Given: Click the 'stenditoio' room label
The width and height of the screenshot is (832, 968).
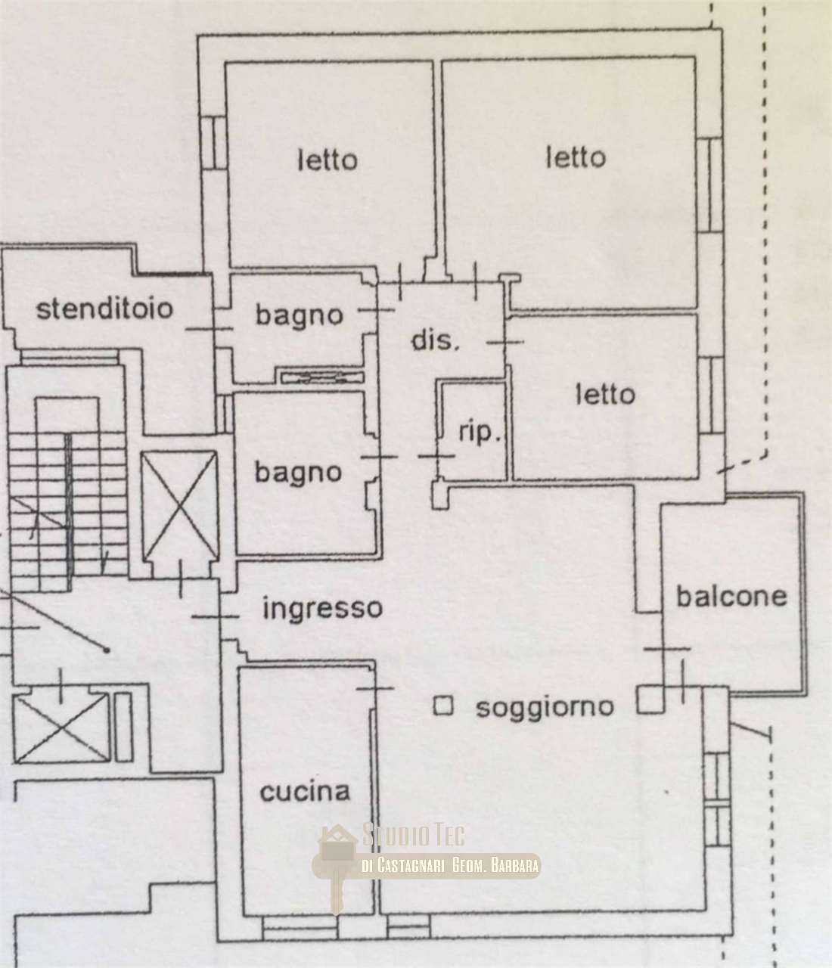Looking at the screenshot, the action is click(104, 309).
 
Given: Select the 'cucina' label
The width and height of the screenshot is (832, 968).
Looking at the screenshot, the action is click(305, 792).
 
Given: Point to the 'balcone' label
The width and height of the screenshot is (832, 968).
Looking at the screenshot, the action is click(731, 597).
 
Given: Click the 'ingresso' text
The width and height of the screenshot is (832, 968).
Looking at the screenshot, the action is click(323, 610).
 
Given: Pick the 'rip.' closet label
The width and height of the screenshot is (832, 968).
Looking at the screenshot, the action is click(480, 433).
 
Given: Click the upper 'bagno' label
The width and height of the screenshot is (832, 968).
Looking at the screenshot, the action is click(300, 316).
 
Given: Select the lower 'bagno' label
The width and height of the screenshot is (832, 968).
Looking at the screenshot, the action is click(298, 473).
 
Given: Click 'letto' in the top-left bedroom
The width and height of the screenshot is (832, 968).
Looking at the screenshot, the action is click(328, 160).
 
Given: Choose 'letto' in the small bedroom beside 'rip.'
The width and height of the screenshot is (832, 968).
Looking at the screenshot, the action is click(605, 395).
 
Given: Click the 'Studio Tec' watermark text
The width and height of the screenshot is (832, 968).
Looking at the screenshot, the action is click(414, 835).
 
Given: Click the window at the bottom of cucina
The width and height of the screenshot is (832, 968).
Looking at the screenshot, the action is click(299, 930).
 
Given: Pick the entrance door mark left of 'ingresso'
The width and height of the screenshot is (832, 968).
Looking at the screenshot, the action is click(215, 616).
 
